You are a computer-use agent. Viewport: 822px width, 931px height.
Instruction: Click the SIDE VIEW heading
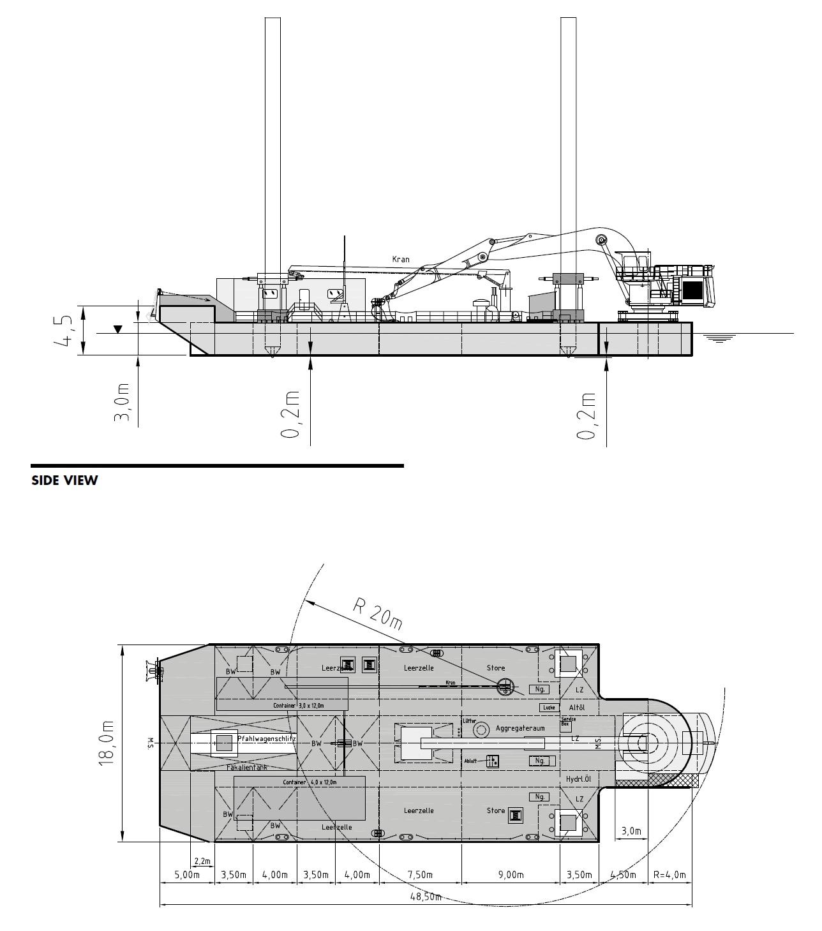[64, 480]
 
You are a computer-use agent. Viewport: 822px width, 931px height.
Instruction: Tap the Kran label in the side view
[401, 260]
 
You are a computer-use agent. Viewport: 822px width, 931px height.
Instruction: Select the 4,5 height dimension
[66, 329]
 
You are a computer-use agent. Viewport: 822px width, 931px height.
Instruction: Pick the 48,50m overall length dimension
[426, 896]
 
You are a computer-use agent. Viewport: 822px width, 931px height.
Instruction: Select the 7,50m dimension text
[421, 874]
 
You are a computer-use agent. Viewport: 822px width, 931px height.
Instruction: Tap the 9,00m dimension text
[511, 874]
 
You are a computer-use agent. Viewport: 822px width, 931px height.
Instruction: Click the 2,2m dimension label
[202, 861]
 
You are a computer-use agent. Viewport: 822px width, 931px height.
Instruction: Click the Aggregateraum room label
[520, 728]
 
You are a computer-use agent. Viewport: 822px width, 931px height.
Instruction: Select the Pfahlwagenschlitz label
[266, 738]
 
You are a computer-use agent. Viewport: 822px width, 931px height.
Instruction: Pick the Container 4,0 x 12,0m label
[310, 782]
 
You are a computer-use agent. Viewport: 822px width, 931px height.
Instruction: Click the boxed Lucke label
[548, 707]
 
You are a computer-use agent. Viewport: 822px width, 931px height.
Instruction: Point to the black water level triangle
[117, 329]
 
